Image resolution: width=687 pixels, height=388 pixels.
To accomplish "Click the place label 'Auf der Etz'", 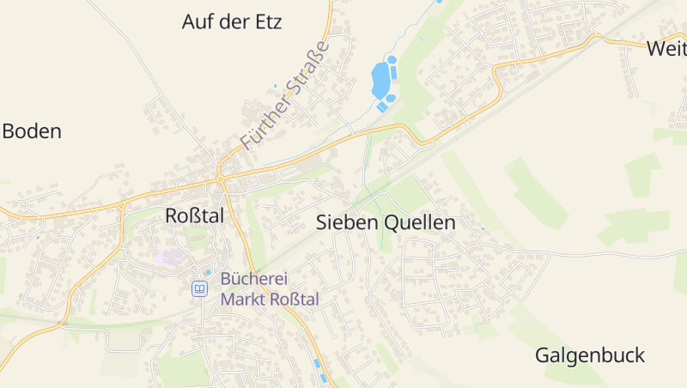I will pyautogui.click(x=232, y=21).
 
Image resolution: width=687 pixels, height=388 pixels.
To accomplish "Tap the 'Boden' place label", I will pyautogui.click(x=32, y=131).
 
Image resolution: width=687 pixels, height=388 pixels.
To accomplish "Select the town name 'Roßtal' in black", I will pyautogui.click(x=194, y=216).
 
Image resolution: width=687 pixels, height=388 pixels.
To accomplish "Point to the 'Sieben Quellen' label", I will pyautogui.click(x=386, y=222).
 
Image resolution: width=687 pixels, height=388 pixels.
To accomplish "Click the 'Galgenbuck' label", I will pyautogui.click(x=589, y=355).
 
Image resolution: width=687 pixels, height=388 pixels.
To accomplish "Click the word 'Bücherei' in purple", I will pyautogui.click(x=253, y=279).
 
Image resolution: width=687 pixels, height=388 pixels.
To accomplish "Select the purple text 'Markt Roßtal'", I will pyautogui.click(x=270, y=300).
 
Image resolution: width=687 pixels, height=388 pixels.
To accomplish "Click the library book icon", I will pyautogui.click(x=199, y=289).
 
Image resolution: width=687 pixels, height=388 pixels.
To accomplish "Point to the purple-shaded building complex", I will pyautogui.click(x=170, y=258).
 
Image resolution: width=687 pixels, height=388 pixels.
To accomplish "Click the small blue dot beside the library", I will pyautogui.click(x=208, y=273).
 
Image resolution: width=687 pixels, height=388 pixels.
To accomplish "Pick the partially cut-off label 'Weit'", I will pyautogui.click(x=666, y=49).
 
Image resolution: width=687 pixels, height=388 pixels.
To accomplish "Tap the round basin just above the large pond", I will pyautogui.click(x=392, y=60).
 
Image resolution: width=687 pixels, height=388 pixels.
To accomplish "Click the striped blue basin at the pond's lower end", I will pyautogui.click(x=381, y=106).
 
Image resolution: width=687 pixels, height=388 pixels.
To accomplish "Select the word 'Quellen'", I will pyautogui.click(x=420, y=222).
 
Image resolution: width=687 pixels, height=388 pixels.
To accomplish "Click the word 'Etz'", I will pyautogui.click(x=267, y=21).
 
